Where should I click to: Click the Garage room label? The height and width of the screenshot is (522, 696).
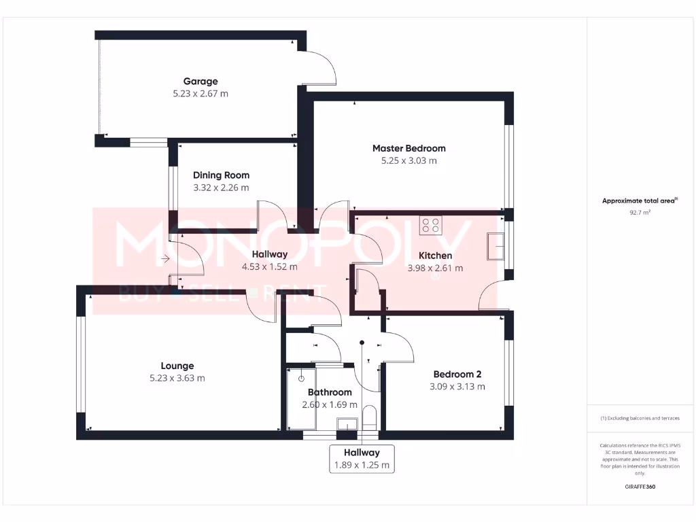(x=201, y=82)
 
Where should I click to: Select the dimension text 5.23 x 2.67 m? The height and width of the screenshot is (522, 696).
(x=201, y=94)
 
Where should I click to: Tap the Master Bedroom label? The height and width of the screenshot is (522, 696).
(x=408, y=148)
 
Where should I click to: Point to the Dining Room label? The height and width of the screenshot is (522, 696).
(x=221, y=175)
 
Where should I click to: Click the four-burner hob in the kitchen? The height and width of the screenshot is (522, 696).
(x=430, y=225)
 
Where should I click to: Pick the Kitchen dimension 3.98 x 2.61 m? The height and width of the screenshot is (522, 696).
(x=435, y=268)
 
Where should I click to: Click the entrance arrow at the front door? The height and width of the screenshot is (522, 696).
(x=165, y=258)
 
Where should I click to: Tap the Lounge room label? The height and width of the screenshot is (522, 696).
(x=177, y=366)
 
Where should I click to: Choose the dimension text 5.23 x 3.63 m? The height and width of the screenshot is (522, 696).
(x=177, y=379)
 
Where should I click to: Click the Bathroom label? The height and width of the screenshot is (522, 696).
(x=330, y=392)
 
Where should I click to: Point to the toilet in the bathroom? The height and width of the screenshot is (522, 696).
(x=370, y=417)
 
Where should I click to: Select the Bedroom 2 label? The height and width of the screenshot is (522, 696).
(x=457, y=375)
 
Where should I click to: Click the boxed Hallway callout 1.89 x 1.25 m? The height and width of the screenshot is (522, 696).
(x=362, y=459)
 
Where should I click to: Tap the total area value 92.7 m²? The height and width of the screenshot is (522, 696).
(x=640, y=213)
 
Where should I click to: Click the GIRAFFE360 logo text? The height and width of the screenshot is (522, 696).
(x=640, y=487)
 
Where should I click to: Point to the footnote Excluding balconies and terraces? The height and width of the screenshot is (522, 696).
(x=640, y=418)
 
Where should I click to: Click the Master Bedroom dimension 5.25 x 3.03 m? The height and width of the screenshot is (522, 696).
(x=408, y=161)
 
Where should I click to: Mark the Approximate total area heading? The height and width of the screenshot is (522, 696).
(x=639, y=201)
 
